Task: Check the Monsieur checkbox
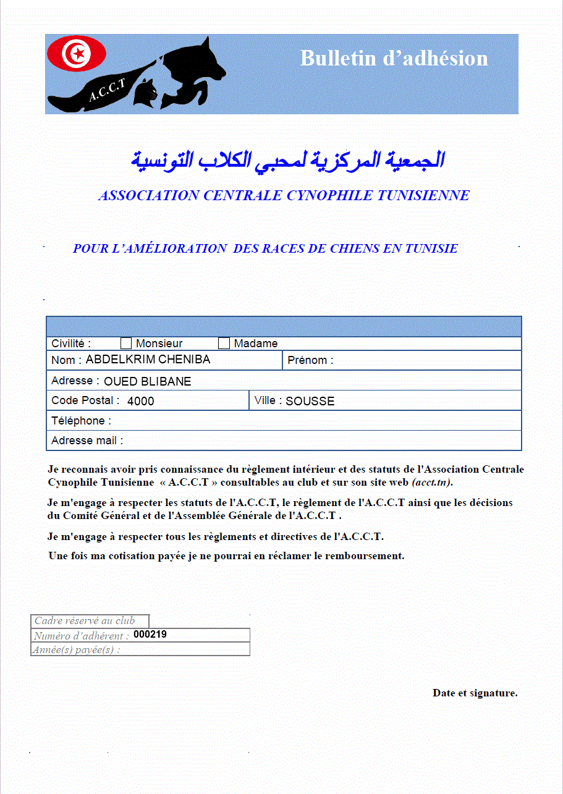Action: [126, 344]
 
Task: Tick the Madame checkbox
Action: [224, 344]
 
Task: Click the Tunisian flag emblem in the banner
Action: [77, 54]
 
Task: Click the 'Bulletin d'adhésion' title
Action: [394, 58]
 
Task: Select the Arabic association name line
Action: [287, 159]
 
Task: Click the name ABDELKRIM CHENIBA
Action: [148, 360]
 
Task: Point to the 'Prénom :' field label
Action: [310, 361]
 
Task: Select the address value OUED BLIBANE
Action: [147, 381]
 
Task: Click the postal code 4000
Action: [140, 401]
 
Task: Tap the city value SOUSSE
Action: [310, 401]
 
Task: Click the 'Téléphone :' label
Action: [81, 421]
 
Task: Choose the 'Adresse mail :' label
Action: [87, 441]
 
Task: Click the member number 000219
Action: [150, 634]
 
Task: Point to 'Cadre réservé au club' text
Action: [85, 621]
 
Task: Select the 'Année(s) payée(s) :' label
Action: [77, 649]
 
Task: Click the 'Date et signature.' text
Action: [475, 693]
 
